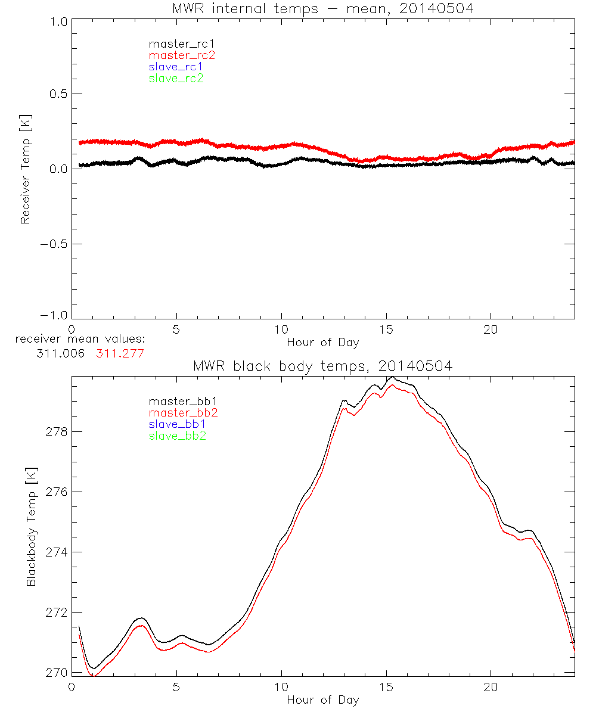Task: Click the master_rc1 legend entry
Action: click(176, 43)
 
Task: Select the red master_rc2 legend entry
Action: click(182, 55)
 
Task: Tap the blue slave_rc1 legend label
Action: click(176, 67)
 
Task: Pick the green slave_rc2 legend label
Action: click(176, 78)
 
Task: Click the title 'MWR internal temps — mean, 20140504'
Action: click(322, 8)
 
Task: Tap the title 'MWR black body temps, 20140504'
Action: click(322, 366)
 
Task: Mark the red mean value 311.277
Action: click(120, 353)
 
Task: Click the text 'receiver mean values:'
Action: click(80, 340)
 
